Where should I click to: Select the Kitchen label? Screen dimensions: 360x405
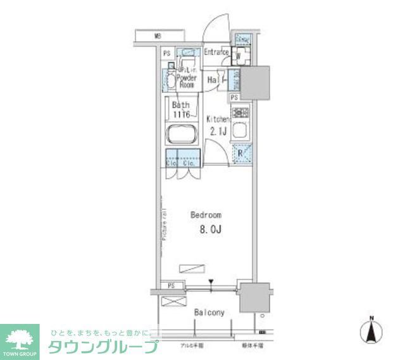218,118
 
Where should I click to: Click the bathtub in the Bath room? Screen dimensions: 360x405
182,136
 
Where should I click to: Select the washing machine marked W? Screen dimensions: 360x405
240,56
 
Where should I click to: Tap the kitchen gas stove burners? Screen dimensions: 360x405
240,113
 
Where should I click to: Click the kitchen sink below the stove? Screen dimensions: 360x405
240,132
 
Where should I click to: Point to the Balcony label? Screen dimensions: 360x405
209,313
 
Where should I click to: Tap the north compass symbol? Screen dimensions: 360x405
373,330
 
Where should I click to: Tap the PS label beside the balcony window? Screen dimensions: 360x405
171,286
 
